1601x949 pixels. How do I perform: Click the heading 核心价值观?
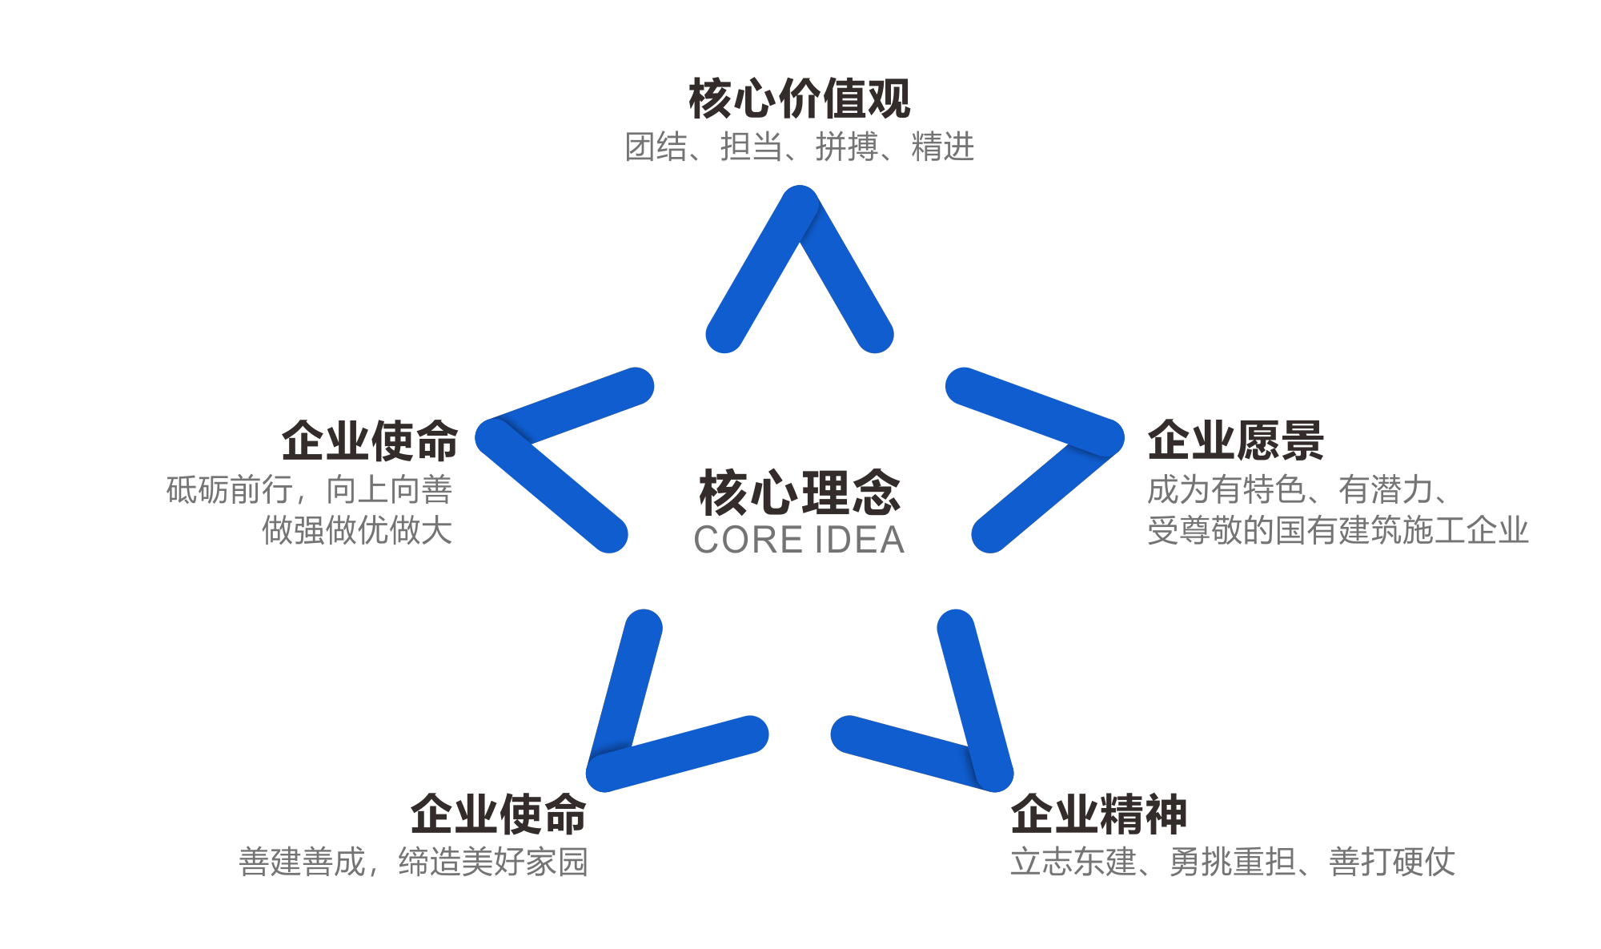[x=799, y=99]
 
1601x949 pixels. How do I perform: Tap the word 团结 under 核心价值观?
[x=656, y=147]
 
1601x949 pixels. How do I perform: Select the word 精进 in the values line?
[x=942, y=147]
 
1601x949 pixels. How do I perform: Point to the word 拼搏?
[x=847, y=147]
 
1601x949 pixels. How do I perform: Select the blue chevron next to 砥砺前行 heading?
[x=544, y=481]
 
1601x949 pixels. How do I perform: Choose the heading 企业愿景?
[x=1235, y=440]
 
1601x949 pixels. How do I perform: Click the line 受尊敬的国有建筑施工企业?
[x=1338, y=530]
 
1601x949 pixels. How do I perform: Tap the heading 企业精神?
[x=1098, y=814]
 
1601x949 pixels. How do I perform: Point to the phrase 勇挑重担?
[x=1232, y=863]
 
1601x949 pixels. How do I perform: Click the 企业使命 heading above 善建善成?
[x=498, y=814]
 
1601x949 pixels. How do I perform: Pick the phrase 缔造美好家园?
[x=493, y=863]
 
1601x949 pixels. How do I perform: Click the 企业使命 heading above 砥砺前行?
[x=370, y=440]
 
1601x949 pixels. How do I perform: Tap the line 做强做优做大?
[x=357, y=530]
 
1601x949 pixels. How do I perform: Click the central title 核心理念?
[x=799, y=492]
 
